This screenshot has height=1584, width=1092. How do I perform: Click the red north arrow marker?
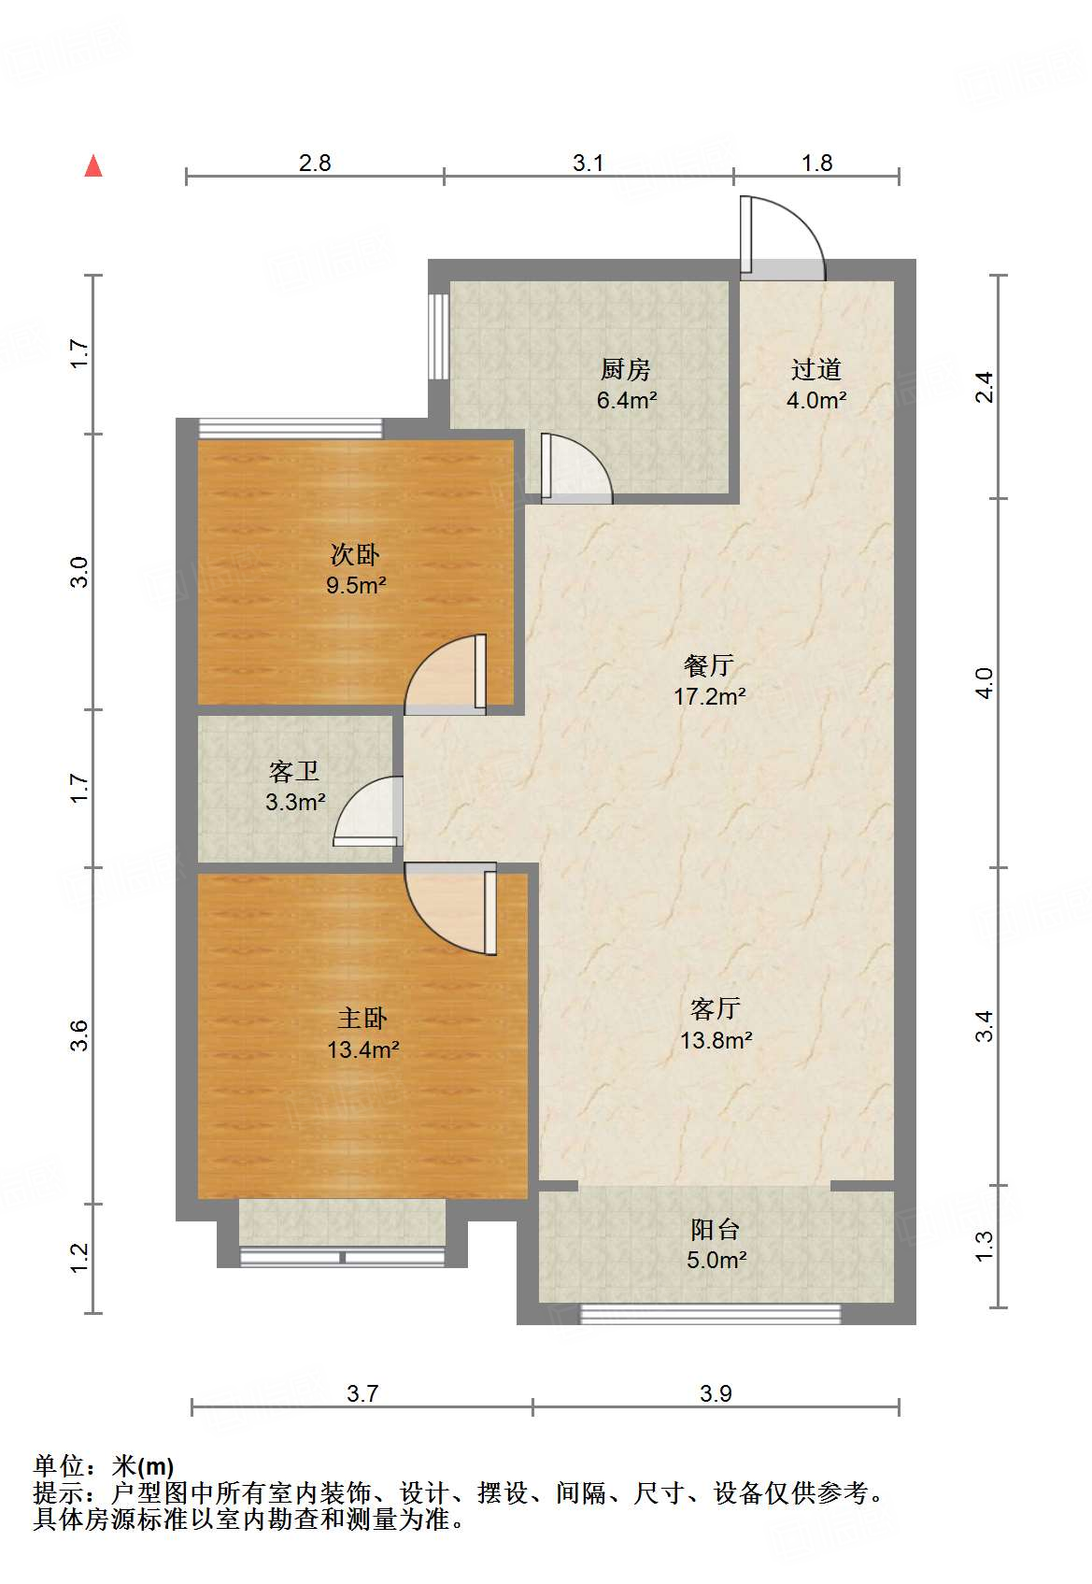(93, 166)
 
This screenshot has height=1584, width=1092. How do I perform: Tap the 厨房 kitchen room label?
(626, 369)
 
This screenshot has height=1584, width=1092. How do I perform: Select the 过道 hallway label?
(816, 369)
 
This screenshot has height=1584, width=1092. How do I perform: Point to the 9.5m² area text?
(356, 586)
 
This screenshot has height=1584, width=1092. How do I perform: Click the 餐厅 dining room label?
(709, 665)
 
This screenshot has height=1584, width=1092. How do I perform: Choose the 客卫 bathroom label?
(294, 771)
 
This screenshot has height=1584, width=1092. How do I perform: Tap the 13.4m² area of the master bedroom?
(362, 1049)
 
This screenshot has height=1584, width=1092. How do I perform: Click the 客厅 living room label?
(716, 1008)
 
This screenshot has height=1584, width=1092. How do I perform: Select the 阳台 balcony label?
(716, 1230)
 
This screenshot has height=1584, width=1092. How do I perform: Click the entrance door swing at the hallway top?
(783, 237)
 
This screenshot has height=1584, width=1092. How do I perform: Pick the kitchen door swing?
(576, 468)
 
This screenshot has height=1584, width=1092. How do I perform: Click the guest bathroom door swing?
(368, 811)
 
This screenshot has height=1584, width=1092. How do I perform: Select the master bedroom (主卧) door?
(450, 908)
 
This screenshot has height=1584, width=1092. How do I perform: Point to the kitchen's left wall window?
(439, 336)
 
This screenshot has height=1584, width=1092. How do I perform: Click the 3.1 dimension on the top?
(589, 164)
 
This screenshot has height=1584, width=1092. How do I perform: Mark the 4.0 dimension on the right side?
(984, 683)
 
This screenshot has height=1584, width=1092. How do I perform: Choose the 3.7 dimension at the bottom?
(362, 1393)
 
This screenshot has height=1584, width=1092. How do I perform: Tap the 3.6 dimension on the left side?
(79, 1036)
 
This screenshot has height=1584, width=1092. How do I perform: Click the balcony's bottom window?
(710, 1314)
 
